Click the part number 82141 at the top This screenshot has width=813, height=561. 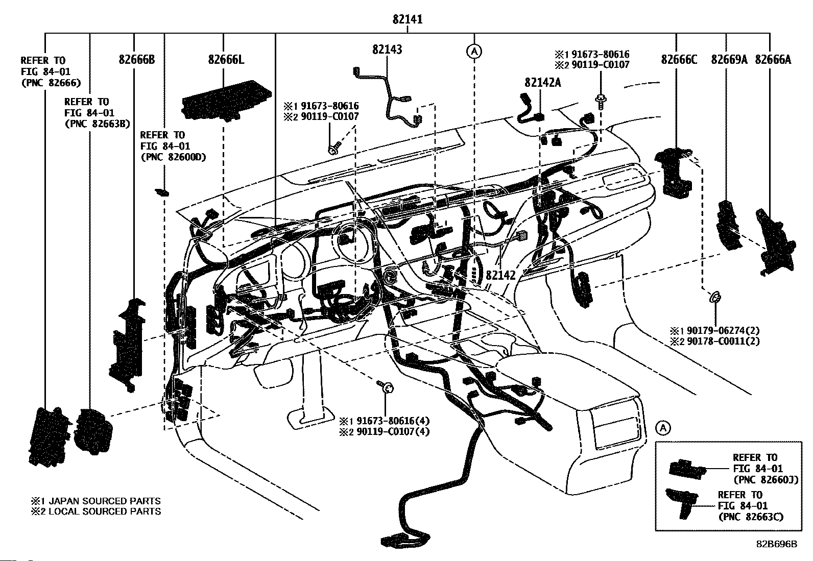(407, 19)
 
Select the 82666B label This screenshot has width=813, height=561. (137, 60)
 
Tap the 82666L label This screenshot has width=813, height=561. (226, 60)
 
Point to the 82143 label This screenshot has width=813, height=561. (387, 50)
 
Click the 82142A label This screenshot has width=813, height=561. (543, 83)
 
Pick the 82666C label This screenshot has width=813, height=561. (679, 60)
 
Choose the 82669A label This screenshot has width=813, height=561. (729, 60)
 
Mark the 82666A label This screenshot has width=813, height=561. (773, 60)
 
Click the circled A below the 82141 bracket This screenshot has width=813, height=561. (474, 52)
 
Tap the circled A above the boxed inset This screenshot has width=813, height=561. (663, 428)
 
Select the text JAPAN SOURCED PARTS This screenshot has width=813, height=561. (105, 501)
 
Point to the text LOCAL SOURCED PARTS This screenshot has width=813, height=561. (105, 511)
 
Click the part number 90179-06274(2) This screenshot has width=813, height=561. (723, 331)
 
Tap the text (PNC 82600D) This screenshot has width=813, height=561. (173, 157)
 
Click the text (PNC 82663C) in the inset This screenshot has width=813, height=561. (751, 517)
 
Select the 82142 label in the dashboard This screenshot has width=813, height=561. (500, 276)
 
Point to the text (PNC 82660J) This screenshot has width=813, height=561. (766, 480)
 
